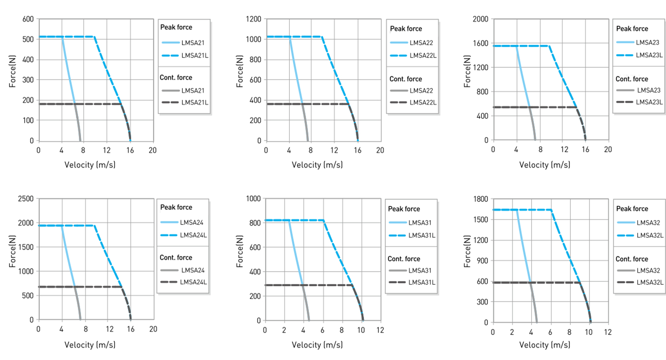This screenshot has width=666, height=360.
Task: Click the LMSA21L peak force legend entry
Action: click(x=193, y=54)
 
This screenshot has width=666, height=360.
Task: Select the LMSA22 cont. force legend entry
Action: click(x=422, y=91)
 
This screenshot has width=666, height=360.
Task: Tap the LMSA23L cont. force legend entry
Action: click(x=649, y=103)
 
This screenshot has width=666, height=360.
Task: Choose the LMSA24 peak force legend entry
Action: click(x=192, y=222)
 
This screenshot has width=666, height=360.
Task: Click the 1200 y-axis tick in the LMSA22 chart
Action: click(x=253, y=19)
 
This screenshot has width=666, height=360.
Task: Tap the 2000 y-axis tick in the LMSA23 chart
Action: click(x=481, y=19)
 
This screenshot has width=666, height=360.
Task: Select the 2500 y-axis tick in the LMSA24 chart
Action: click(x=25, y=199)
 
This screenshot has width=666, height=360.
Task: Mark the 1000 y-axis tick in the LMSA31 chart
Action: click(x=253, y=199)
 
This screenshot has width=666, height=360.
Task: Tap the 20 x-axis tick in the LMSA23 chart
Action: click(x=608, y=150)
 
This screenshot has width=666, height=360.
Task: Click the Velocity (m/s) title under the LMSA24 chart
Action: click(x=90, y=345)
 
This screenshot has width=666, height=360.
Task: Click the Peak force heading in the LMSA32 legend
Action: click(x=632, y=209)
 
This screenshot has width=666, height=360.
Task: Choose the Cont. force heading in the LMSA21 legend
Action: click(x=176, y=78)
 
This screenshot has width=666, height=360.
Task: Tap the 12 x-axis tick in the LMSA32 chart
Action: click(x=608, y=332)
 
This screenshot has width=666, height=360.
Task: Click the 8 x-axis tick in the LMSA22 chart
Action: click(x=311, y=150)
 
